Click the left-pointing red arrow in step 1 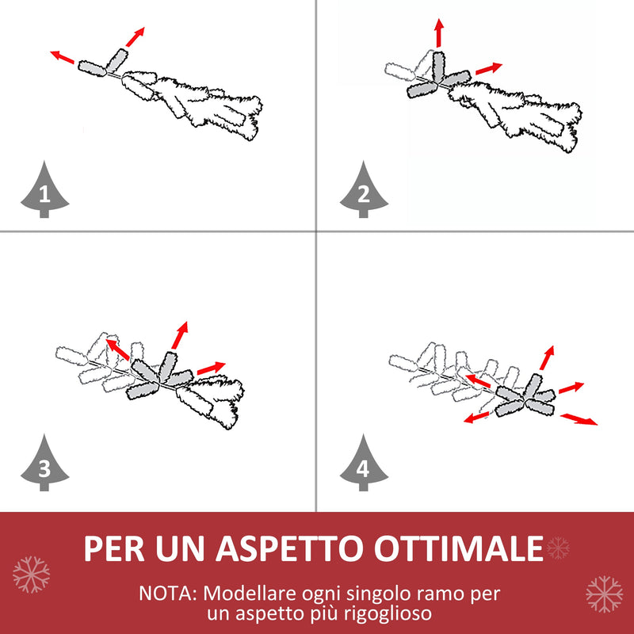[x=63, y=58]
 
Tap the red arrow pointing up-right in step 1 [x=136, y=36]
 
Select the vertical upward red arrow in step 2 [x=438, y=33]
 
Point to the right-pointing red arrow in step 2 [x=488, y=69]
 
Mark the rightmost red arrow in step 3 [x=211, y=368]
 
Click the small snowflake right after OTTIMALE [x=559, y=547]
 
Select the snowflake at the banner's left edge [x=32, y=574]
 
